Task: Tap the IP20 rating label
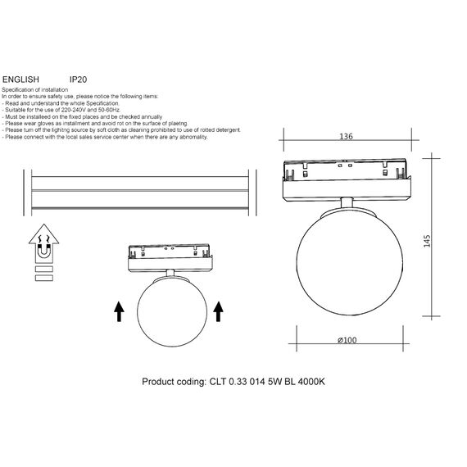(79, 79)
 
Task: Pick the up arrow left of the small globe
(119, 311)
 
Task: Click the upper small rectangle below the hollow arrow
(43, 267)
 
